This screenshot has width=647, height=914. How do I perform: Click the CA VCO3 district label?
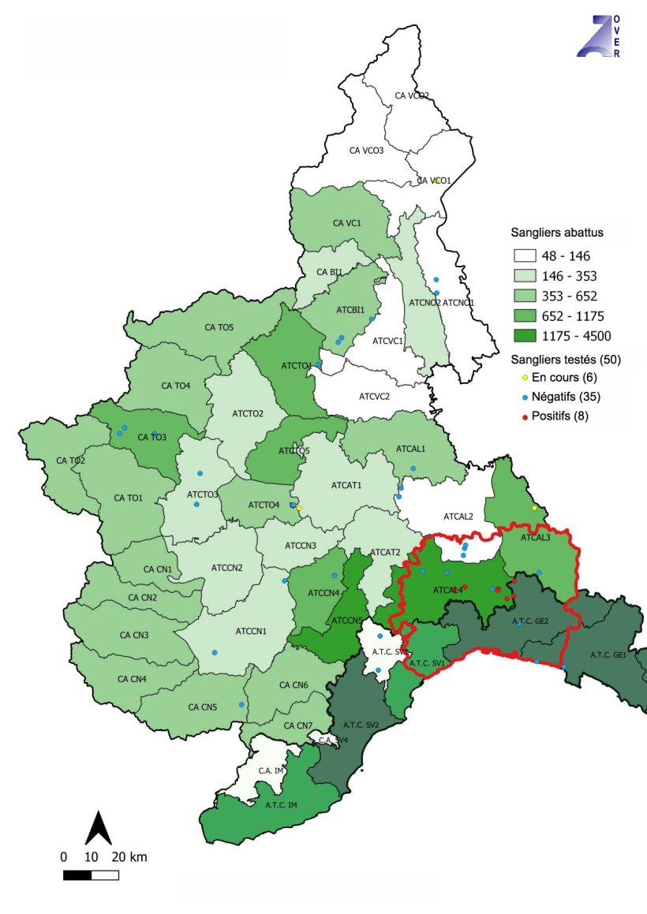click(366, 150)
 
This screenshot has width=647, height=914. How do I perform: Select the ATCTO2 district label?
click(248, 413)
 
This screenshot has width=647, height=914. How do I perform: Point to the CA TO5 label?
click(219, 326)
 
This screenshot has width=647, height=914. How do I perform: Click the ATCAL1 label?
click(410, 448)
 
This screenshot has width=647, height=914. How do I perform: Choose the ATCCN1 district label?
click(252, 631)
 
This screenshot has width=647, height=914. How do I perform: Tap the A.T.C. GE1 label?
click(608, 655)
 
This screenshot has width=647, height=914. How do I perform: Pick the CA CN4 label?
click(132, 679)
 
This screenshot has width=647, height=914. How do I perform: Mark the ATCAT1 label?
click(346, 485)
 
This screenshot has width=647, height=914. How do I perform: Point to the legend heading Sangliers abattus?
click(557, 233)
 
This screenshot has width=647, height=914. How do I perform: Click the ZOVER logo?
click(599, 35)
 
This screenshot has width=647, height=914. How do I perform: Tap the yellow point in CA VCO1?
click(436, 181)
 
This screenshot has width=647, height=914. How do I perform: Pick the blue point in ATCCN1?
click(215, 652)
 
